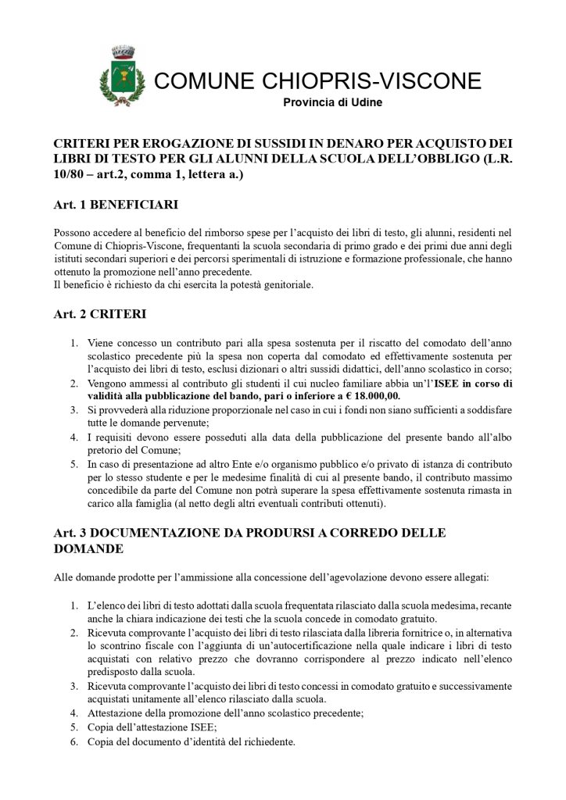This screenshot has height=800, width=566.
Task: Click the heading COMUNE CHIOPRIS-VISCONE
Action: [317, 81]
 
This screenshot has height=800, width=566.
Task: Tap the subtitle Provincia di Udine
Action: [332, 103]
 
